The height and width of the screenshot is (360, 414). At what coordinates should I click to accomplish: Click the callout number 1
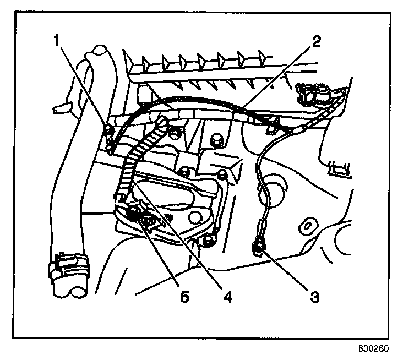(57, 40)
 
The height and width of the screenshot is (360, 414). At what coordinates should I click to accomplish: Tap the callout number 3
(314, 298)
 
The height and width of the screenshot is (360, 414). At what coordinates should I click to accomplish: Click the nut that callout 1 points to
(109, 130)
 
